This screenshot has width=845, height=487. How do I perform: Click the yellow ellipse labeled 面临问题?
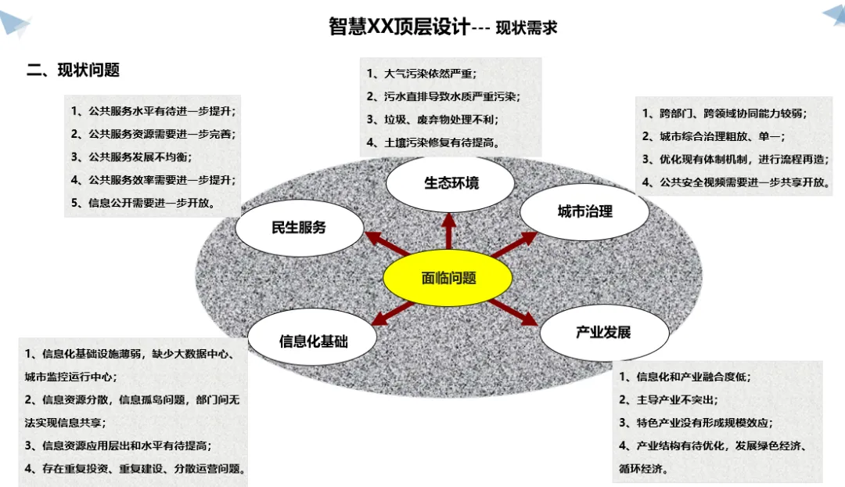tap(448, 279)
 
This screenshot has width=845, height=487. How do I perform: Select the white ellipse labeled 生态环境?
tap(451, 183)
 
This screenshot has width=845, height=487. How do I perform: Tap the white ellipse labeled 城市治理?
tap(584, 211)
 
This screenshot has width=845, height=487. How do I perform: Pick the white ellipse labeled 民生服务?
tap(299, 228)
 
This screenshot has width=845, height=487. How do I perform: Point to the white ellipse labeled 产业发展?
tap(603, 332)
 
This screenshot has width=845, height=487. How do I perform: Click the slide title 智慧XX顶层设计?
tap(400, 27)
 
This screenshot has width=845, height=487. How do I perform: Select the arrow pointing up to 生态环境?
tap(449, 230)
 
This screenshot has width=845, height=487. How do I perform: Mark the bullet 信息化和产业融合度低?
tap(684, 377)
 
